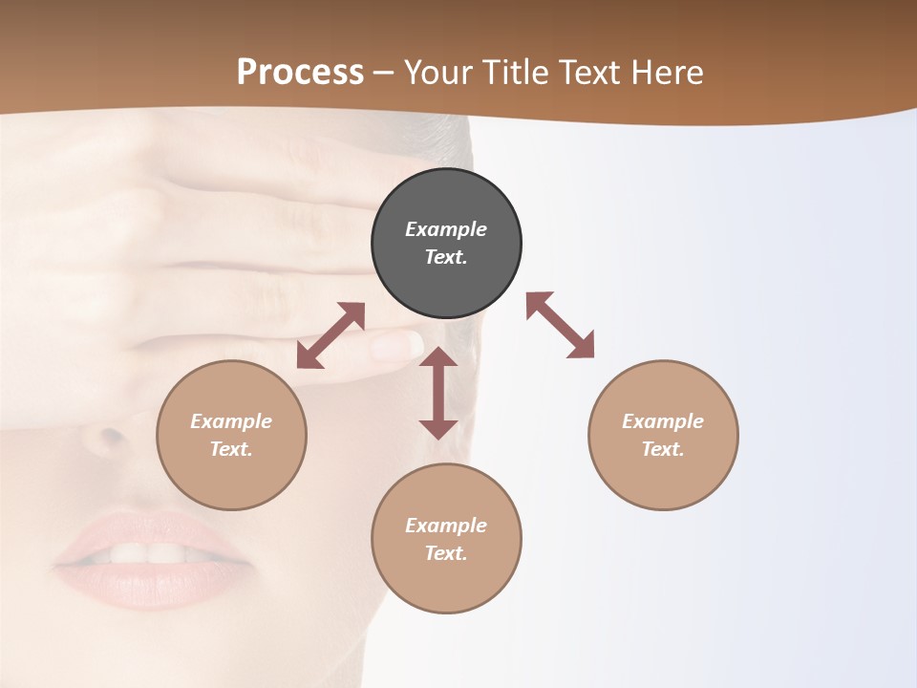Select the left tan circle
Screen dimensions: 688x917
point(231,435)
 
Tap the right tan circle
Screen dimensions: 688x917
point(663,435)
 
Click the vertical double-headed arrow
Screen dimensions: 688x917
point(438,393)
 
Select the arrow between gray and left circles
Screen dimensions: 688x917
point(331,335)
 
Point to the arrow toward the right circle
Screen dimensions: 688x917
point(561,325)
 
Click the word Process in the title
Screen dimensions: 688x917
point(300,72)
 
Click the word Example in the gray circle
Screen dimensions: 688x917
point(446,229)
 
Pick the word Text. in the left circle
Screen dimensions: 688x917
point(231,449)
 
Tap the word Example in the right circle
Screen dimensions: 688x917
point(663,421)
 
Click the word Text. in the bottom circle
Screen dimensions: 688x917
point(446,553)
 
